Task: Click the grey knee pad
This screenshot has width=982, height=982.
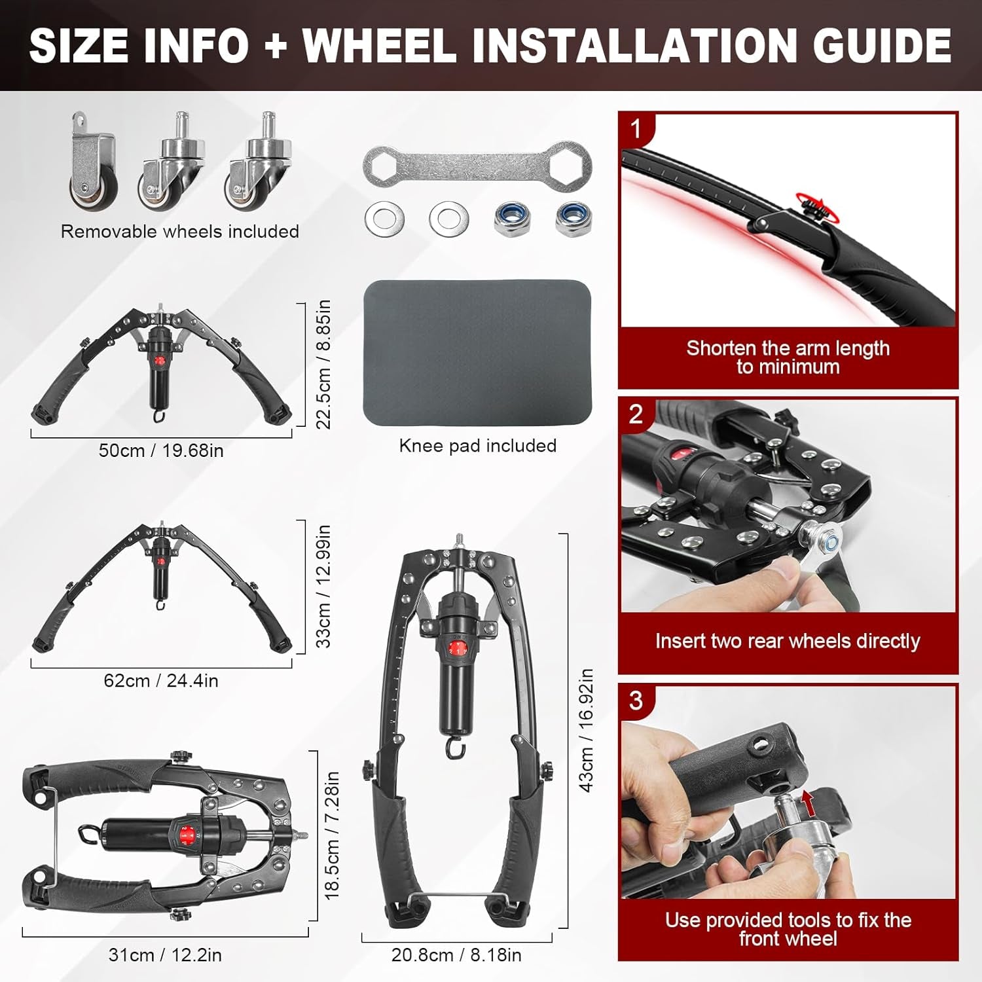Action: point(477,354)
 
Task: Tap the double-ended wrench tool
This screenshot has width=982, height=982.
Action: point(477,167)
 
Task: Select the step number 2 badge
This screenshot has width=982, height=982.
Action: point(636,414)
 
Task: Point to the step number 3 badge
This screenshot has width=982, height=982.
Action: point(636,701)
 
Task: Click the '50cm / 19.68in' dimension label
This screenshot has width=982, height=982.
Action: point(161,450)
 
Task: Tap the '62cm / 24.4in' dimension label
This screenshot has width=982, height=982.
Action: point(161,681)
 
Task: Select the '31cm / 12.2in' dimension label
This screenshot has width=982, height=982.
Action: point(165,955)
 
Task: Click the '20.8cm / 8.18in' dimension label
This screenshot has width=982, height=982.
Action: point(456,955)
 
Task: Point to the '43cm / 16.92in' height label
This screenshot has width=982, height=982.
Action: point(587,730)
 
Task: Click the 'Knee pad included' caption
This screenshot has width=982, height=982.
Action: point(478,446)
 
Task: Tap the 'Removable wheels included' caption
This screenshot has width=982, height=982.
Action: point(180,231)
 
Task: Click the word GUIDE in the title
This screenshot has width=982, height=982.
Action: point(882,45)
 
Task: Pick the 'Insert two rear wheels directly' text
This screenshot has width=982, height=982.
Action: point(788,641)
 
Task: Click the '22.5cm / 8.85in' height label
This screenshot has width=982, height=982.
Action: point(323,364)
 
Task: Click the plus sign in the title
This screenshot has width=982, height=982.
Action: point(276,46)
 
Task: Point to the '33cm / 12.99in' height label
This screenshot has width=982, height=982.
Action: point(323,586)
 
